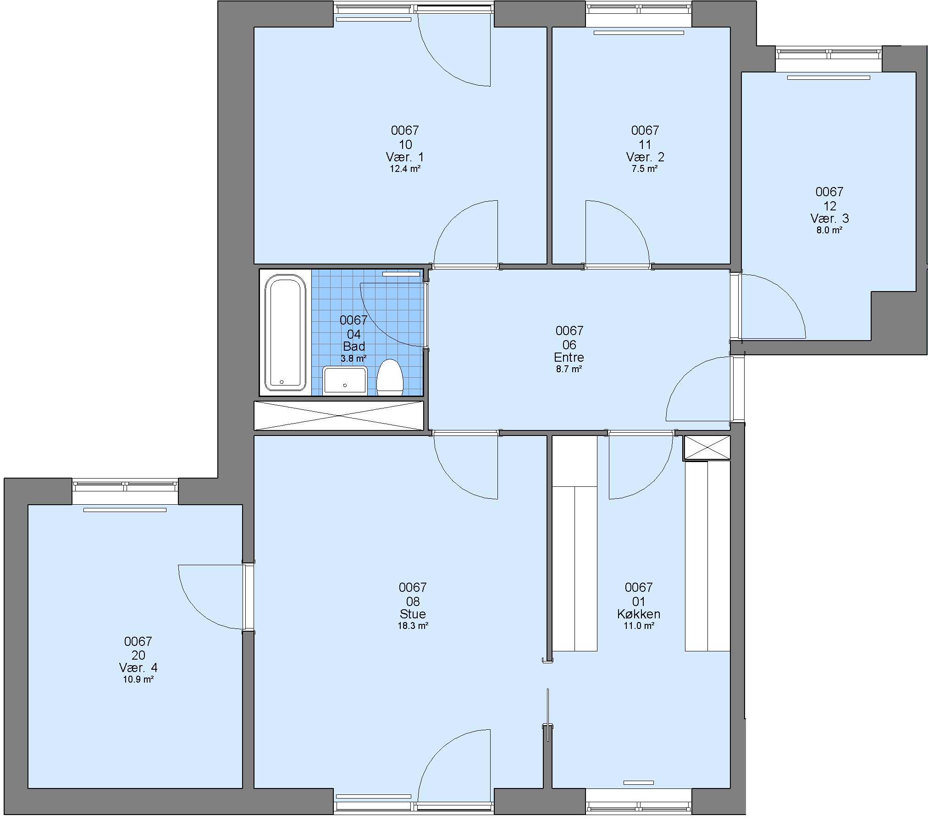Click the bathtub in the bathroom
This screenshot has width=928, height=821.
tap(285, 332)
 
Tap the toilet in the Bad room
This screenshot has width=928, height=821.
tap(390, 377)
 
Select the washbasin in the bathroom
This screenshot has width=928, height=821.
tap(345, 380)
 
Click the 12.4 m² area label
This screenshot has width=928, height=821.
tap(405, 169)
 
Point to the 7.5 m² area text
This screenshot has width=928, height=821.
tap(645, 169)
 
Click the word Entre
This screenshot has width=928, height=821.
tap(569, 357)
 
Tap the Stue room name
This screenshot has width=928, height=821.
tap(413, 614)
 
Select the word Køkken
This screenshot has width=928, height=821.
tap(639, 614)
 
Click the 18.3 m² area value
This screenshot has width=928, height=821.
tap(413, 626)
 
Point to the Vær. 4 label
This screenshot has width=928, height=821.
tap(138, 667)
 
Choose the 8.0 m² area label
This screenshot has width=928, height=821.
tap(829, 231)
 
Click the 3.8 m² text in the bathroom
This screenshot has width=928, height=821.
tap(354, 358)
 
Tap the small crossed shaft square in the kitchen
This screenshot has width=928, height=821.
tap(707, 447)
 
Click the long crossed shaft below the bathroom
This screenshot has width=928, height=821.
tap(339, 416)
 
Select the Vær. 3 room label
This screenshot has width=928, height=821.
tap(829, 218)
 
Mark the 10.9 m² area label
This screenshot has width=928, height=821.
tap(138, 679)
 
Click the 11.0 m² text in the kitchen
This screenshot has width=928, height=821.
tap(639, 626)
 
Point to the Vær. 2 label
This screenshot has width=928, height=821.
tap(645, 157)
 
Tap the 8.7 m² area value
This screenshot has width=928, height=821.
tap(569, 369)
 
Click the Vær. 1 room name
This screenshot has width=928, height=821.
tap(405, 157)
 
